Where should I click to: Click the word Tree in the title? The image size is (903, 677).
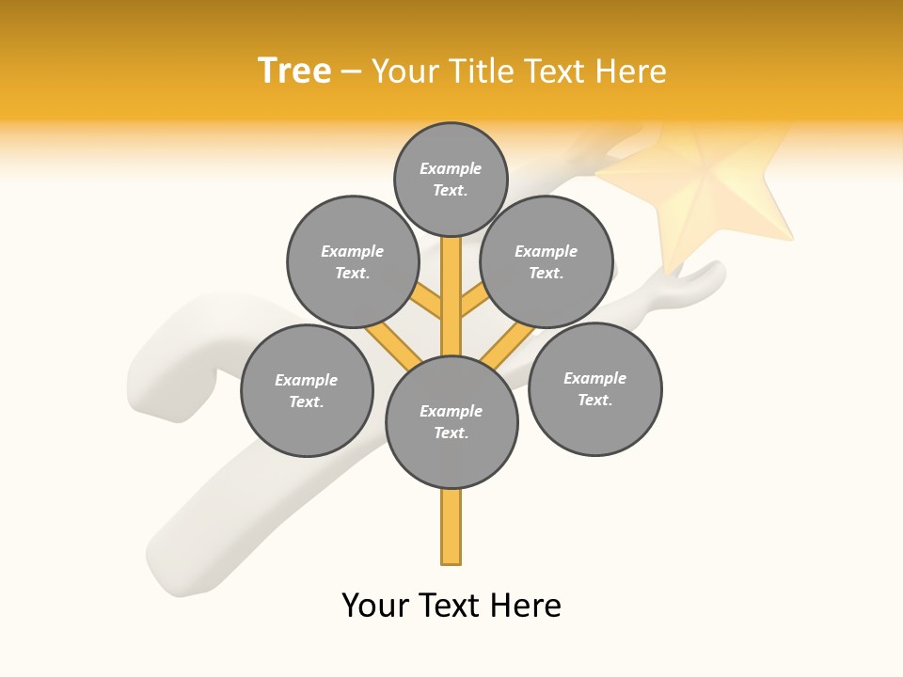point(294,71)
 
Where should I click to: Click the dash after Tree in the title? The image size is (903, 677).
point(351,71)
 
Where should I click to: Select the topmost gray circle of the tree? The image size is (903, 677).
point(451,179)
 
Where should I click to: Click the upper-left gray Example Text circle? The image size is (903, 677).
point(352,261)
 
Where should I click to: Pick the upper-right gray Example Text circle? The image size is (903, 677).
point(547,261)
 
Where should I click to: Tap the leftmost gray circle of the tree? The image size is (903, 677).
point(307,390)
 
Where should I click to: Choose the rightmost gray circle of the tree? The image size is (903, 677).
point(594,388)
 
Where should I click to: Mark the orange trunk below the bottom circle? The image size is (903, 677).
point(451,527)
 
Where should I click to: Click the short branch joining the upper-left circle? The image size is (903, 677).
point(426,301)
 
